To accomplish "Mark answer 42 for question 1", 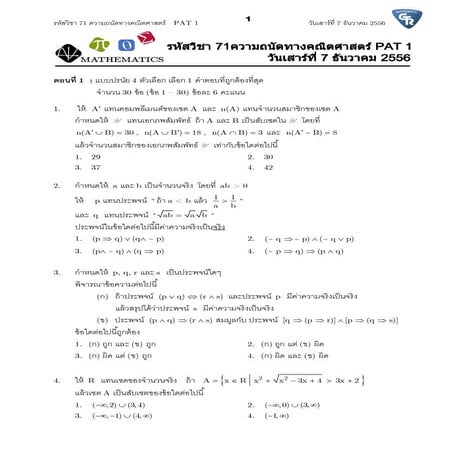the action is [x=267, y=167].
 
